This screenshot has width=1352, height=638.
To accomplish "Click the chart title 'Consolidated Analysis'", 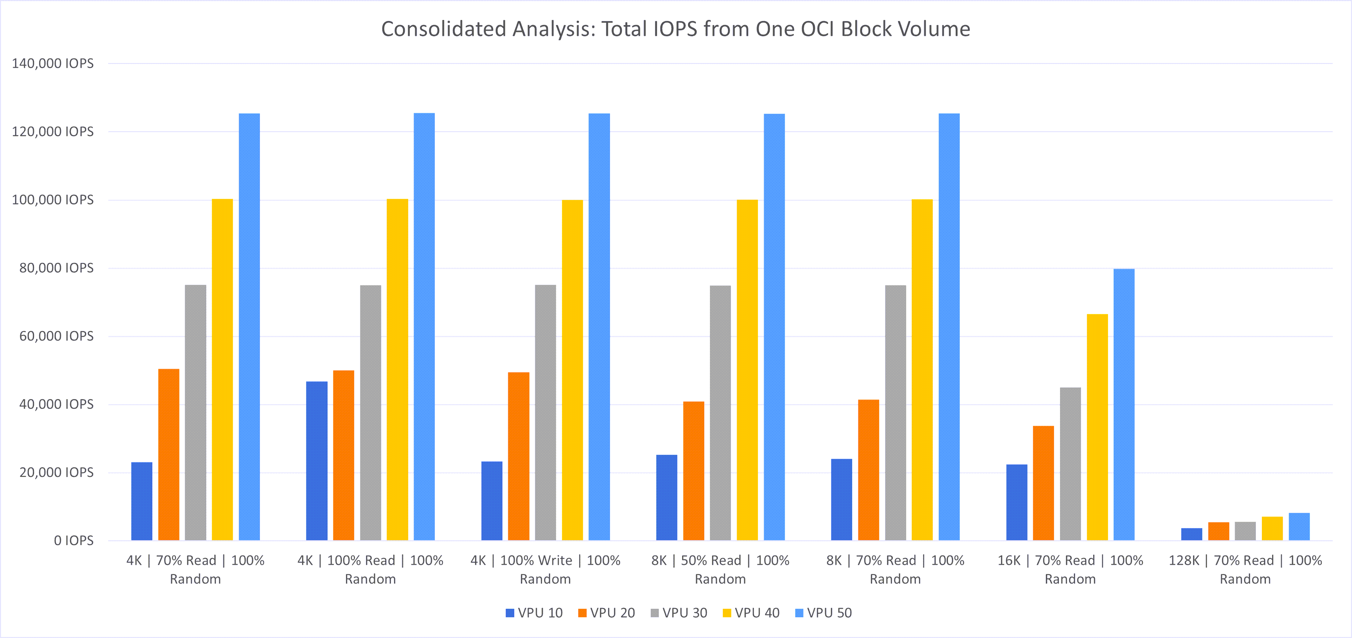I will coord(675,29).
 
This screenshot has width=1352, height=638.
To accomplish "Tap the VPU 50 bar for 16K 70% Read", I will coord(1124,404).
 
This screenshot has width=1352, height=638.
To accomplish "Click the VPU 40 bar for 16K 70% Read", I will coord(1097,427).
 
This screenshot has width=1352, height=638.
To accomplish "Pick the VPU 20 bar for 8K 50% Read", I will coord(693,471).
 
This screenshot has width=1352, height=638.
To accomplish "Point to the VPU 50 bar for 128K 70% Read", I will coord(1299,527).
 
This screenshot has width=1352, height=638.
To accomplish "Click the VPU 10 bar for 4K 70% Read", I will coord(142,501).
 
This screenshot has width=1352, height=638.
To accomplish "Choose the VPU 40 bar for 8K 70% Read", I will coord(922,369).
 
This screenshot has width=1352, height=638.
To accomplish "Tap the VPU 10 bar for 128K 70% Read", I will coord(1192,534).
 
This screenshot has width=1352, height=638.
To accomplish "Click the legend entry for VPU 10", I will coord(534,613).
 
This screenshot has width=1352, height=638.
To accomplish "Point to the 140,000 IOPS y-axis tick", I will coord(53,63).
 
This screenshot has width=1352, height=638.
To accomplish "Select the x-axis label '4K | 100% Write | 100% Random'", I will coord(545,569).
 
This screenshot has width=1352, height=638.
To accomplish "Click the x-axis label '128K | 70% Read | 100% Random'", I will coord(1245,569).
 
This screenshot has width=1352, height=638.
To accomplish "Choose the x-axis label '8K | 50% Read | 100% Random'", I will coord(720,569).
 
